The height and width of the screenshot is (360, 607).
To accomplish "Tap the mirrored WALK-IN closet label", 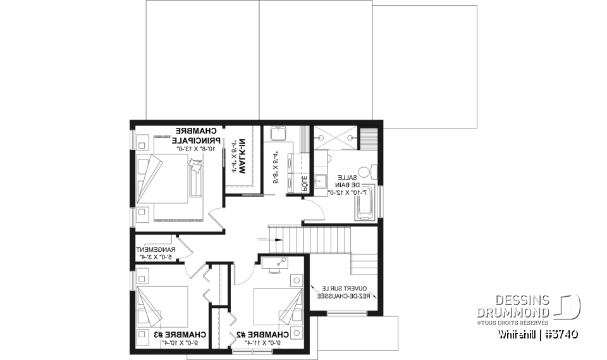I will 238,158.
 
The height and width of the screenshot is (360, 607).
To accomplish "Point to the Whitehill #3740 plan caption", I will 537,333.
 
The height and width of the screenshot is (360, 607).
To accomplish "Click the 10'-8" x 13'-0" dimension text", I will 197,149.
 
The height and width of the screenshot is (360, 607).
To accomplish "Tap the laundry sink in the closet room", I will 278,134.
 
